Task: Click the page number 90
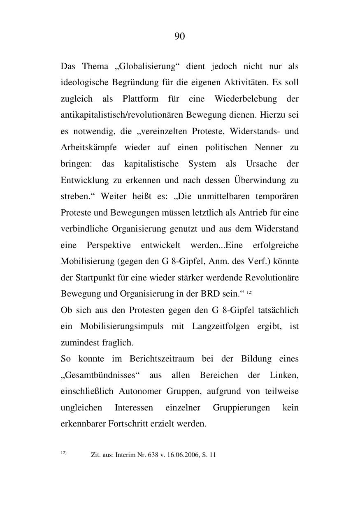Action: (x=180, y=37)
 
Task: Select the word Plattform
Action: (x=140, y=99)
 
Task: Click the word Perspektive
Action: (x=109, y=246)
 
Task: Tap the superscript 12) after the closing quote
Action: (x=249, y=292)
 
